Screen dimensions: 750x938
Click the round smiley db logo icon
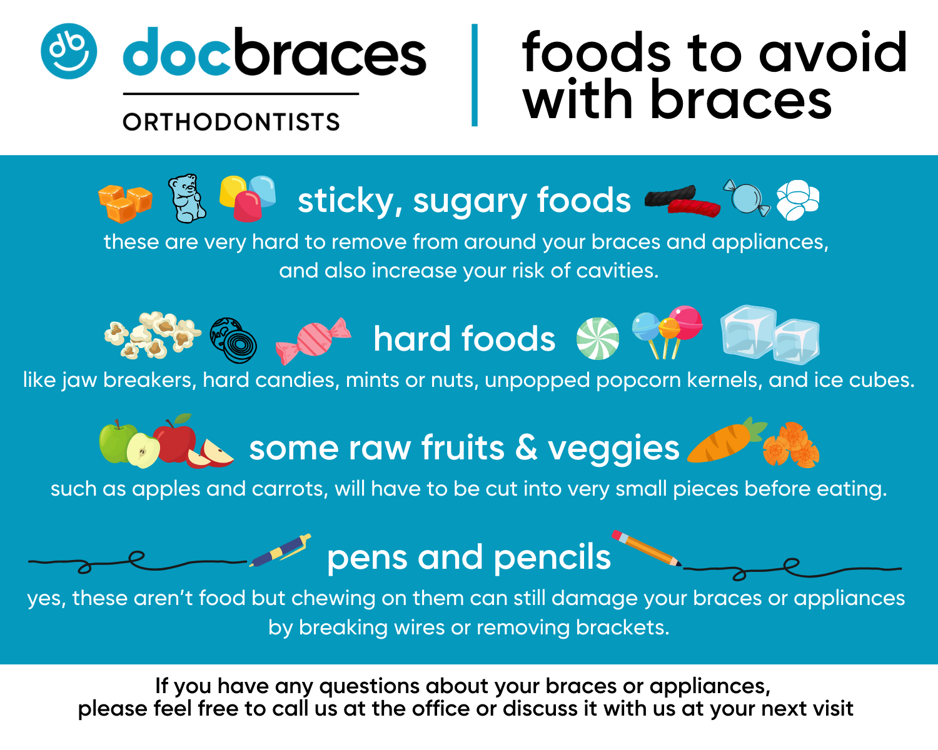(x=69, y=51)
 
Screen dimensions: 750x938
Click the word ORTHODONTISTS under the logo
(x=231, y=122)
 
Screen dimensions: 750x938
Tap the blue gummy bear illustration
(x=187, y=199)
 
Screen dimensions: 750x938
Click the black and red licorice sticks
(x=682, y=200)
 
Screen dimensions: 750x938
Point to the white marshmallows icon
(x=797, y=200)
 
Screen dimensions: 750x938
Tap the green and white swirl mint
(x=597, y=339)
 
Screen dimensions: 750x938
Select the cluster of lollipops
(x=667, y=329)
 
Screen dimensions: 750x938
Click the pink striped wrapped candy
(x=313, y=341)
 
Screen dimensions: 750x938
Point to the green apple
(x=117, y=442)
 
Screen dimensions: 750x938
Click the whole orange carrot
(x=725, y=441)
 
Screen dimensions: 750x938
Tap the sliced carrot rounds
(x=791, y=445)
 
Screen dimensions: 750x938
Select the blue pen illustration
(x=281, y=551)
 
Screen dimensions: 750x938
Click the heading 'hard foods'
(x=464, y=339)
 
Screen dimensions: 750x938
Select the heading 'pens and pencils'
(x=468, y=557)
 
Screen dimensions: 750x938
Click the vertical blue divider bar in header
(x=475, y=75)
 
